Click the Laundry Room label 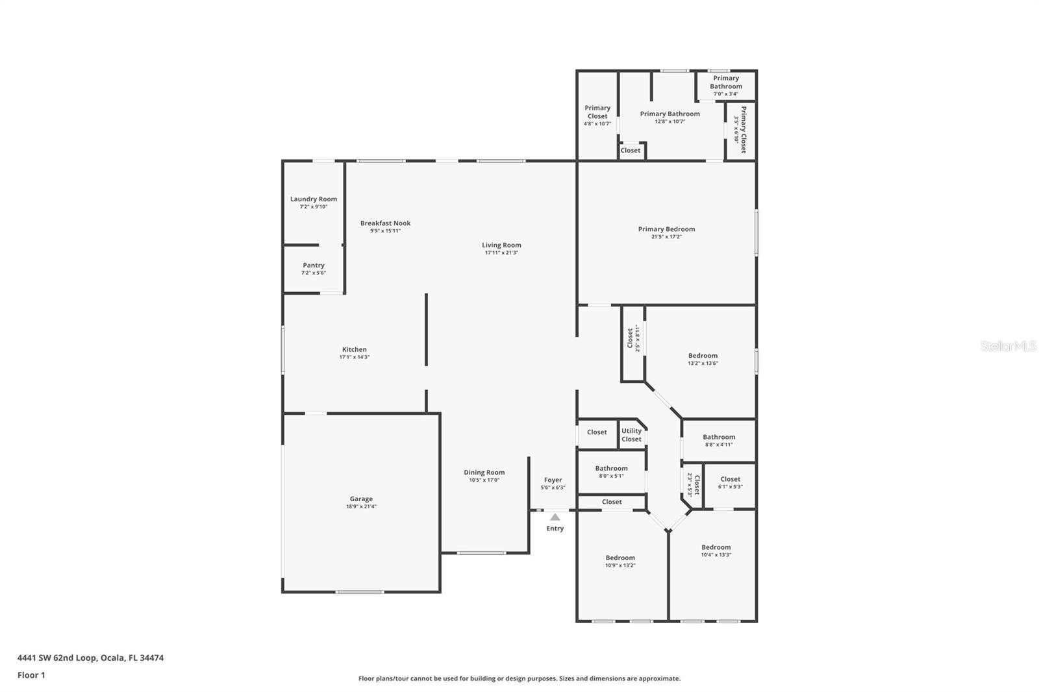pyautogui.click(x=314, y=199)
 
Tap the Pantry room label pyautogui.click(x=314, y=266)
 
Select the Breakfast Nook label pyautogui.click(x=386, y=223)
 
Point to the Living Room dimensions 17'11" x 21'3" pyautogui.click(x=501, y=253)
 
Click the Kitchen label pyautogui.click(x=355, y=350)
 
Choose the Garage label pyautogui.click(x=361, y=499)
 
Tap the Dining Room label pyautogui.click(x=484, y=473)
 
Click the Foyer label pyautogui.click(x=553, y=480)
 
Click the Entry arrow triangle pyautogui.click(x=555, y=517)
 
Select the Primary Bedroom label pyautogui.click(x=666, y=229)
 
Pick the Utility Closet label pyautogui.click(x=631, y=435)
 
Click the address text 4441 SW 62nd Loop pyautogui.click(x=58, y=658)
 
